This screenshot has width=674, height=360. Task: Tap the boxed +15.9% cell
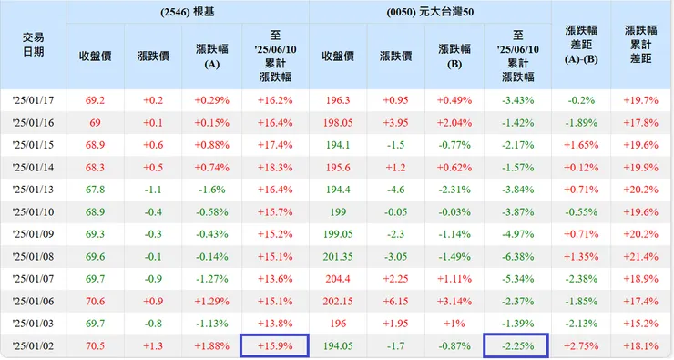coord(275,346)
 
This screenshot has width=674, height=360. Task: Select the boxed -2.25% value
coord(516,346)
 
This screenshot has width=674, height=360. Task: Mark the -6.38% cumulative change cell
coord(516,256)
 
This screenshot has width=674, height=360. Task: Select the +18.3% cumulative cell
coord(275,167)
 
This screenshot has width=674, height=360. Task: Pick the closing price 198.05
coord(337,122)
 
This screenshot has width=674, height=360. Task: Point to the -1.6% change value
coord(213,190)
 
